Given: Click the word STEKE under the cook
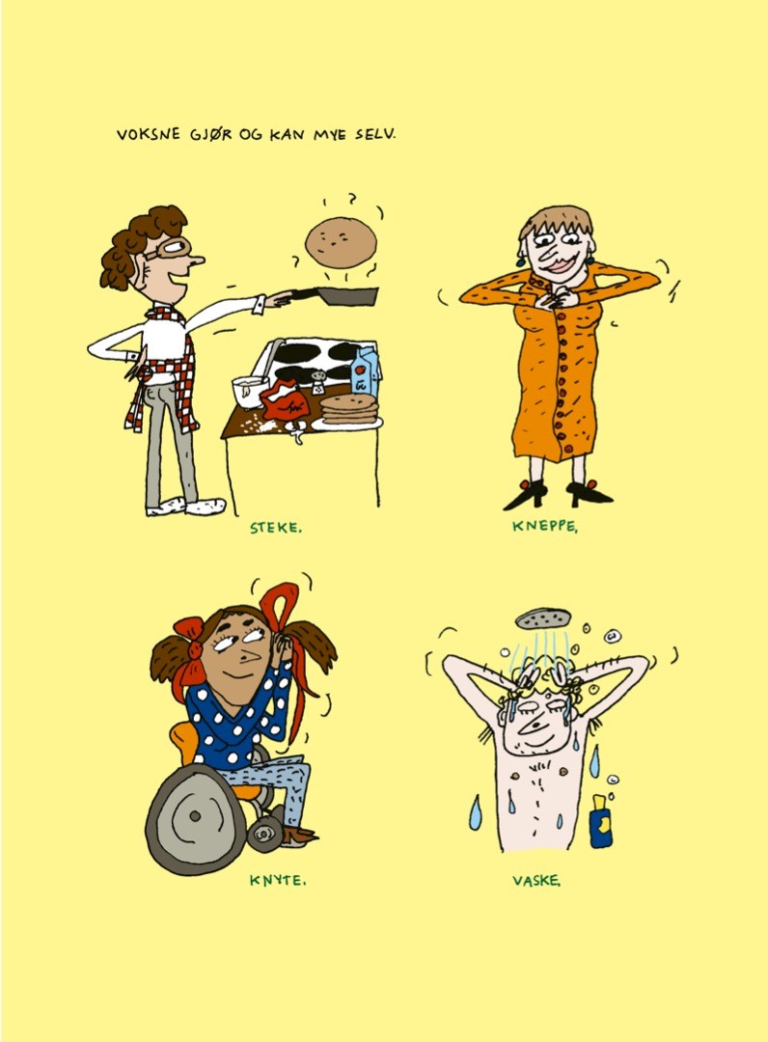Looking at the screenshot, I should [274, 528].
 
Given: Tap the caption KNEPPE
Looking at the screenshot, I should [543, 527].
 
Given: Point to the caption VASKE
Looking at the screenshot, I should [535, 880].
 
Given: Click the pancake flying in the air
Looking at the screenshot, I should [339, 242].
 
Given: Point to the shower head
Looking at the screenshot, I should [543, 618].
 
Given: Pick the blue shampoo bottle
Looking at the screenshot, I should [600, 823].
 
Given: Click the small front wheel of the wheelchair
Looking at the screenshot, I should [265, 833].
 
